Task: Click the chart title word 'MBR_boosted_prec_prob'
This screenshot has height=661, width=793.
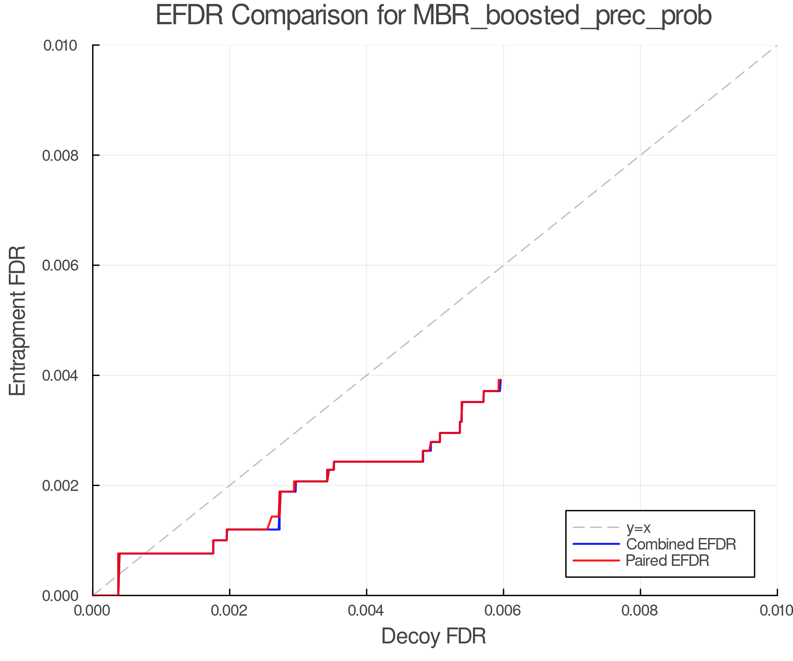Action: (x=562, y=16)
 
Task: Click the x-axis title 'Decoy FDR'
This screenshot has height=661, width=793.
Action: (x=434, y=636)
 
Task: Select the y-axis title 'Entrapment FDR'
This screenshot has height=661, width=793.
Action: (x=18, y=320)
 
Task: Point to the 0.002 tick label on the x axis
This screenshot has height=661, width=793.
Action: (x=230, y=611)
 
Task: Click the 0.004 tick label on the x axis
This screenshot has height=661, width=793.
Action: (x=367, y=611)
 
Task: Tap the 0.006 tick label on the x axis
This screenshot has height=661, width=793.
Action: (x=504, y=611)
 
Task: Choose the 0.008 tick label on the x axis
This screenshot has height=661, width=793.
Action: (x=640, y=611)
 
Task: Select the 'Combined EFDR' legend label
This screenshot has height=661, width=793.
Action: (x=681, y=544)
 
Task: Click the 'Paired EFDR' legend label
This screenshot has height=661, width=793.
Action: (x=667, y=560)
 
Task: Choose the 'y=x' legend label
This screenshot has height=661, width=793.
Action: (x=638, y=527)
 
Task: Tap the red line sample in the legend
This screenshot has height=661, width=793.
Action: (x=596, y=560)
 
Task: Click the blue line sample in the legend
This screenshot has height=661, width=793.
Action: (x=596, y=544)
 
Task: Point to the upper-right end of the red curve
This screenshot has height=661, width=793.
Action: (x=500, y=380)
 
